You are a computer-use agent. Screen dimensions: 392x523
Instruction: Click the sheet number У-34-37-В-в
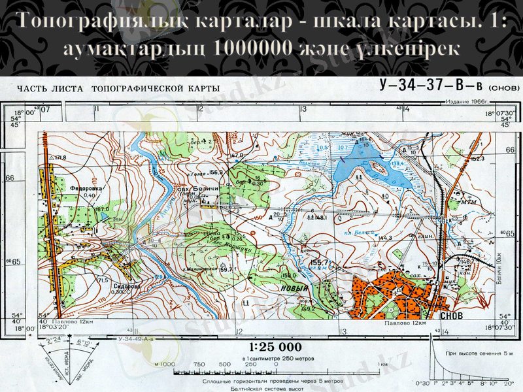(x=431, y=86)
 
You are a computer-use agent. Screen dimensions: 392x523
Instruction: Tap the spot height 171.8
(x=60, y=158)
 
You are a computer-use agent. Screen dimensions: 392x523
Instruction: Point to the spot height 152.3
(x=477, y=158)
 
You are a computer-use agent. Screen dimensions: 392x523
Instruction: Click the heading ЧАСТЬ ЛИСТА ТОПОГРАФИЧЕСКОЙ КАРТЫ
(x=118, y=89)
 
